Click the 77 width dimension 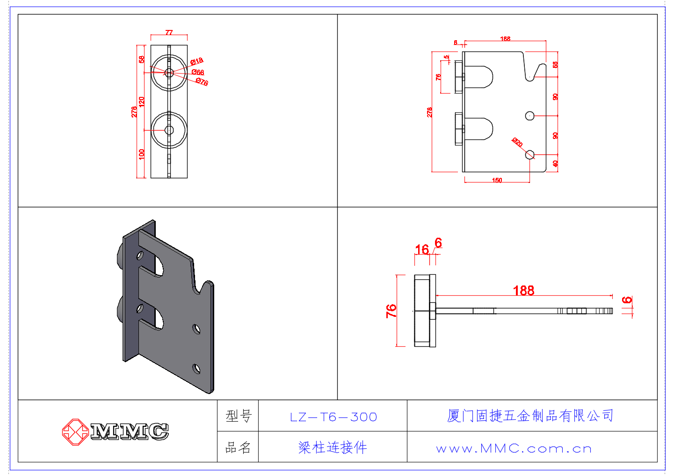169,32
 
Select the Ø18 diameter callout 197,61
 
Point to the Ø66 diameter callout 198,72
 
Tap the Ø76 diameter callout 202,82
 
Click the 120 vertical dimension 142,101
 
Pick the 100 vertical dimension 142,154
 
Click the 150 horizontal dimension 497,180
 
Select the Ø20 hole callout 517,142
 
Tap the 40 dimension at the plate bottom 555,164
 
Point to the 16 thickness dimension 421,249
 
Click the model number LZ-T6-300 333,417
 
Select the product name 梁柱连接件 333,448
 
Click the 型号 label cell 239,416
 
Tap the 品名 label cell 238,448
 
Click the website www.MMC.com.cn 514,449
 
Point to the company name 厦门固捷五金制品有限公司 530,416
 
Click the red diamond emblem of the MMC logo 75,431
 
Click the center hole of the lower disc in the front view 169,130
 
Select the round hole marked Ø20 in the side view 530,154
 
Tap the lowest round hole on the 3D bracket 197,369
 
